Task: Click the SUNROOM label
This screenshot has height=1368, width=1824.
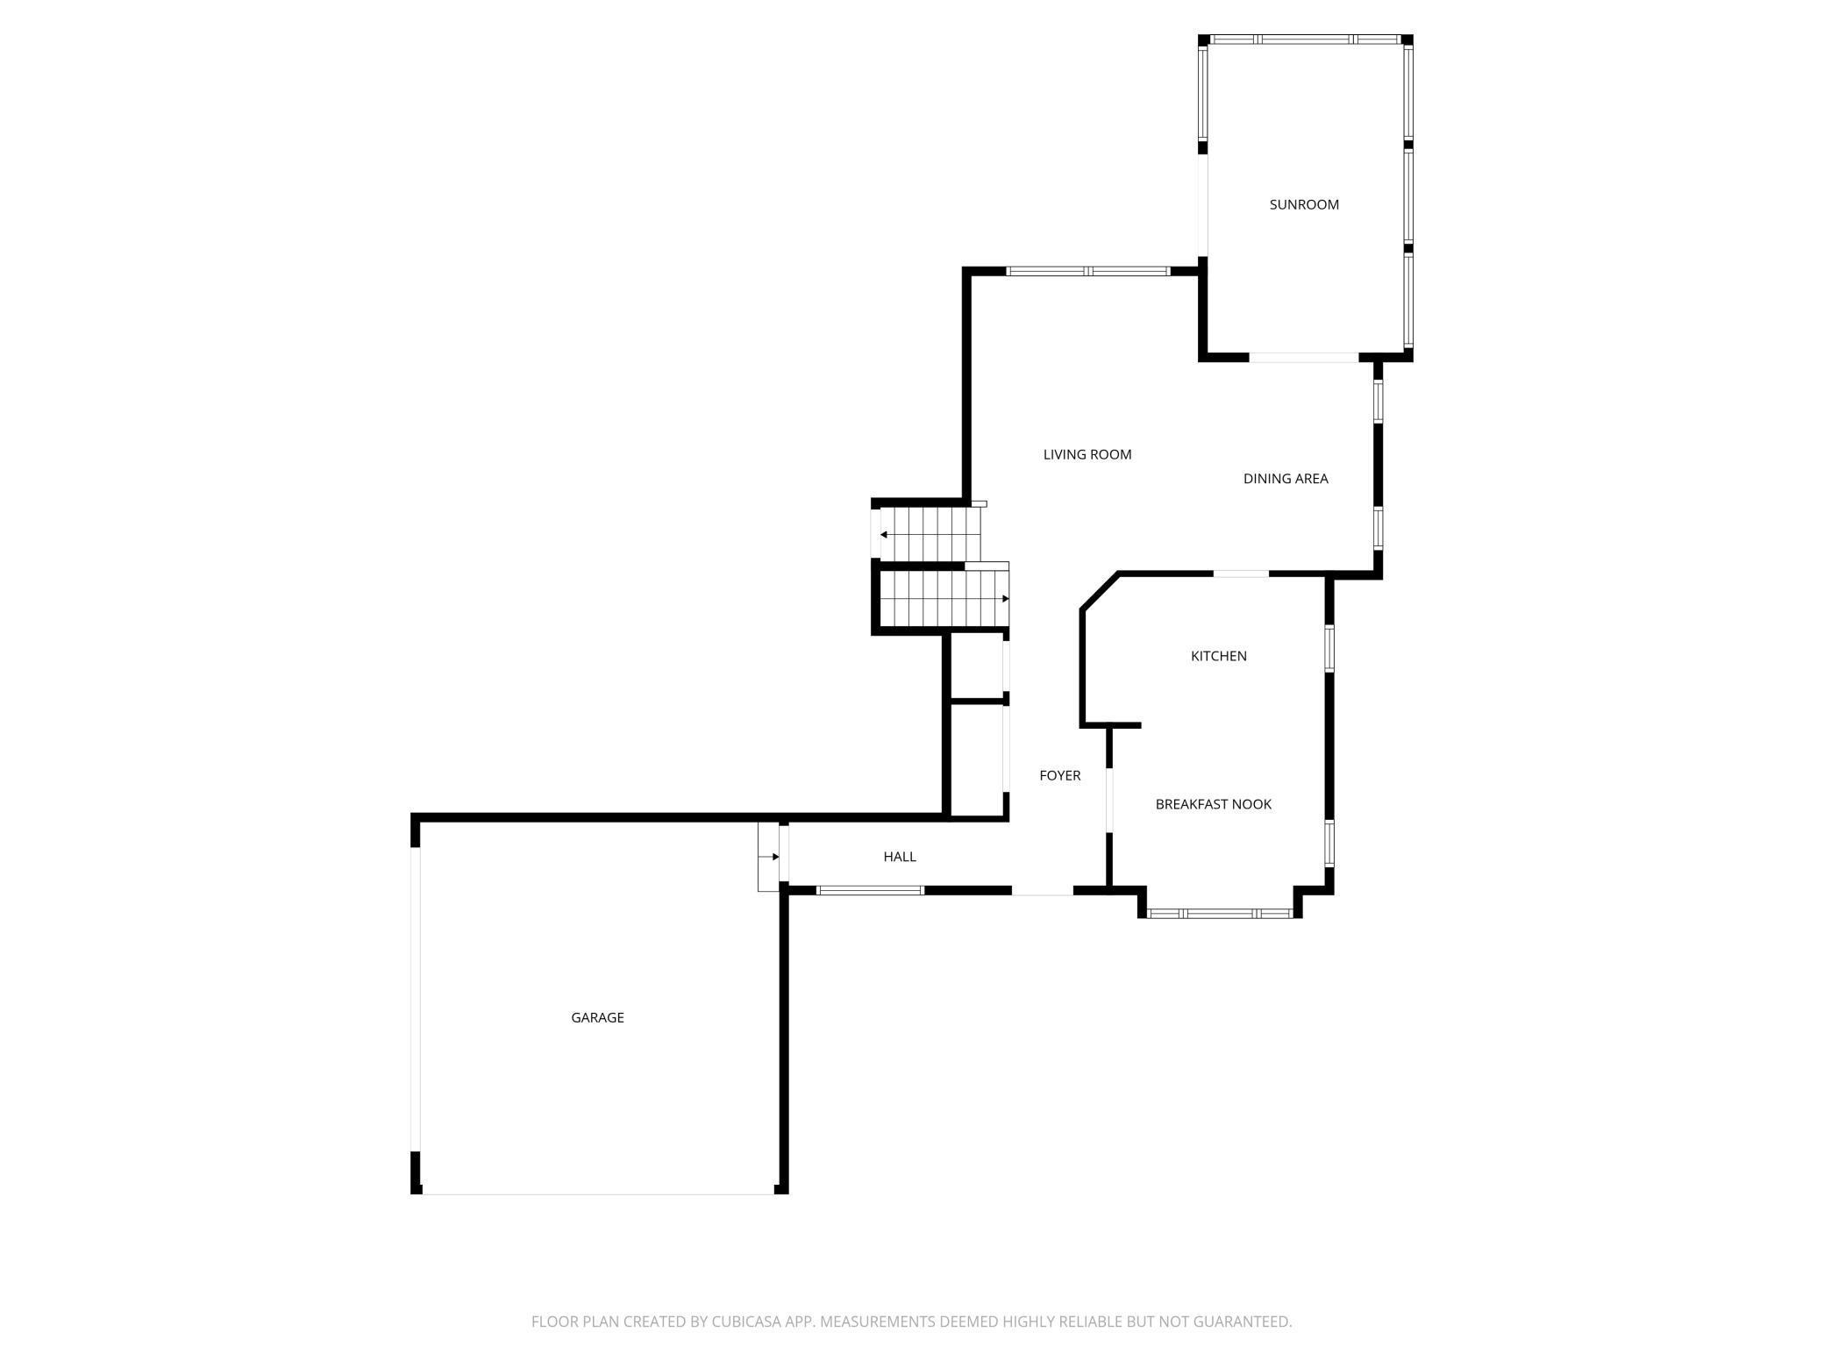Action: pos(1304,204)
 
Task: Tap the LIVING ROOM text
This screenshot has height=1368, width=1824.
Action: pos(1087,454)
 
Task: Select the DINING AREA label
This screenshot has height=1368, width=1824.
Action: pos(1286,479)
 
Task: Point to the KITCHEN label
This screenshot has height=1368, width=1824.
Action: pos(1218,656)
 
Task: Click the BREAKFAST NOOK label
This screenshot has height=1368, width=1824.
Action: pos(1213,804)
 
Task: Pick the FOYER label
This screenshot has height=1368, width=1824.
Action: pos(1059,775)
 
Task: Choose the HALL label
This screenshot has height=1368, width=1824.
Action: pos(900,857)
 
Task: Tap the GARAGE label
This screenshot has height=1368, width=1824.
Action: pos(597,1017)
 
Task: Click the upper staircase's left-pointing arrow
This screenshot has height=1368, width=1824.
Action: pos(884,535)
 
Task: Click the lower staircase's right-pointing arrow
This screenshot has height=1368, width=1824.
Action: pos(1005,599)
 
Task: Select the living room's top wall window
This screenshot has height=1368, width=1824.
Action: pos(1087,271)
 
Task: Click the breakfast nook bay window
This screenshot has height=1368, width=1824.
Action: pos(1219,914)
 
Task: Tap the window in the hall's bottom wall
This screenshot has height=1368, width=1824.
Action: pos(869,891)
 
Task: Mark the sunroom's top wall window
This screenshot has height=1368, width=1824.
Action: pos(1305,39)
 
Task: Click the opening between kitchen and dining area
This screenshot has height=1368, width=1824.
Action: pos(1240,574)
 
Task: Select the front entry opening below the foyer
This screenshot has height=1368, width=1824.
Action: pos(1042,892)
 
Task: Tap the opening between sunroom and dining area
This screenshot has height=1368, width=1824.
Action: pos(1304,358)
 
